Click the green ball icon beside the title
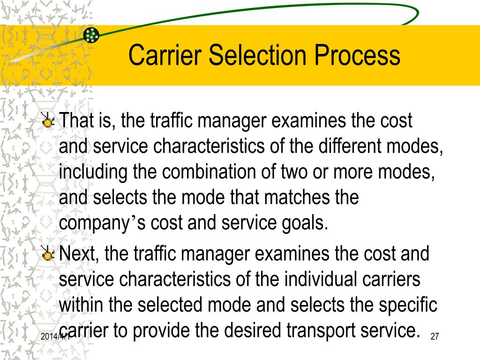point(91,34)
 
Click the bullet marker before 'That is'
point(47,121)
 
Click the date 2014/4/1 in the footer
point(55,337)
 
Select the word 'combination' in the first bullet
point(204,172)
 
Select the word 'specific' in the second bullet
point(406,306)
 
